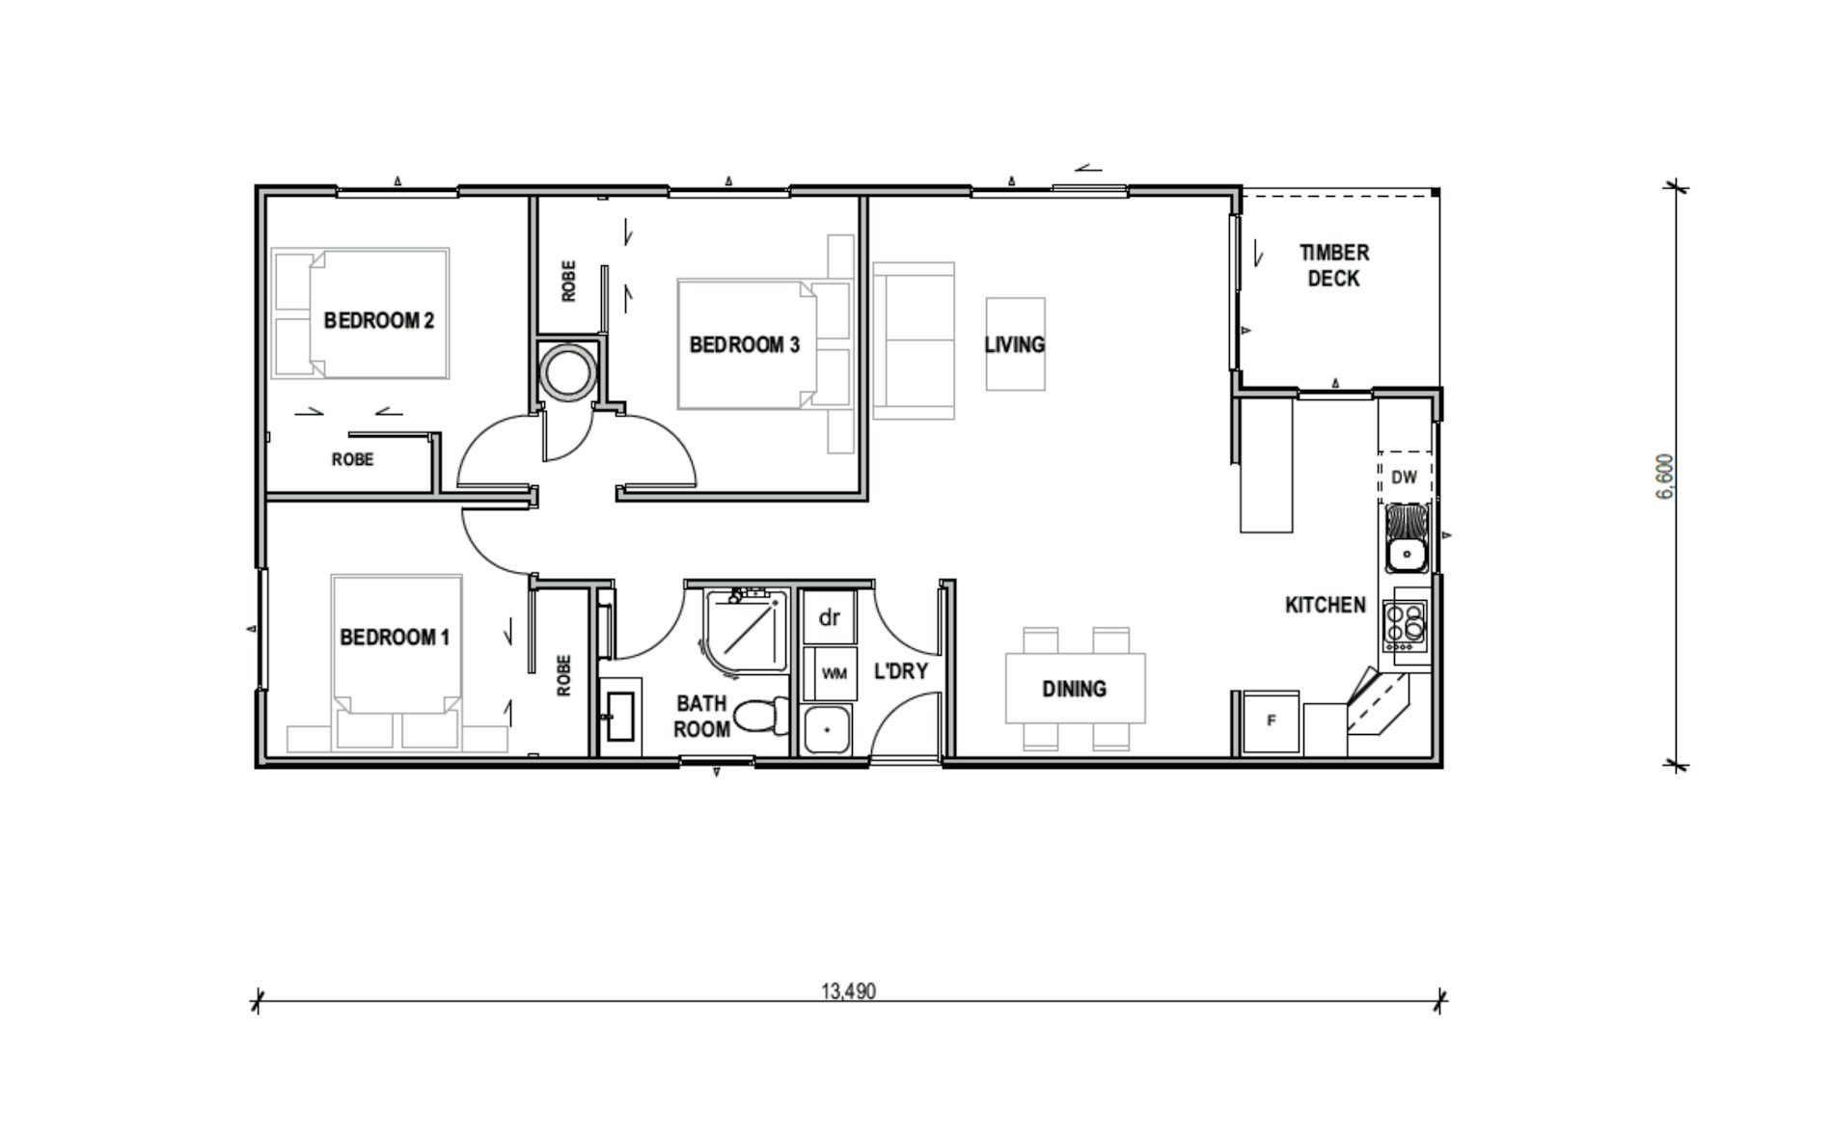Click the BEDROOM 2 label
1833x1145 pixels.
378,320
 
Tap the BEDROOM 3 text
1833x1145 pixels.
744,344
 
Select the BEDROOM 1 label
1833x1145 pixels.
395,637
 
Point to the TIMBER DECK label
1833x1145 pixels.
1333,265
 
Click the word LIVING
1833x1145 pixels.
1014,344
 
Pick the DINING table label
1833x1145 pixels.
1074,689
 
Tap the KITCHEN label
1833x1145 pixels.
1325,605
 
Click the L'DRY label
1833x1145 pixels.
900,670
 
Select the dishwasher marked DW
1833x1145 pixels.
1404,477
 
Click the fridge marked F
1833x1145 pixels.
1271,721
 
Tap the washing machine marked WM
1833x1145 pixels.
834,673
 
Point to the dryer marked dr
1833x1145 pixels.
830,617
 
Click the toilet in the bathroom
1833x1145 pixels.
761,716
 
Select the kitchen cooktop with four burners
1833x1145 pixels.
1404,624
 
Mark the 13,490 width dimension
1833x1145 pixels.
849,992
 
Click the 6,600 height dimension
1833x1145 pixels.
1665,477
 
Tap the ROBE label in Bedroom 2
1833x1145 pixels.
352,460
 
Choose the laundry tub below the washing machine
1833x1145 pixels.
828,729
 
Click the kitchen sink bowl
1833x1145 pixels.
1405,555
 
